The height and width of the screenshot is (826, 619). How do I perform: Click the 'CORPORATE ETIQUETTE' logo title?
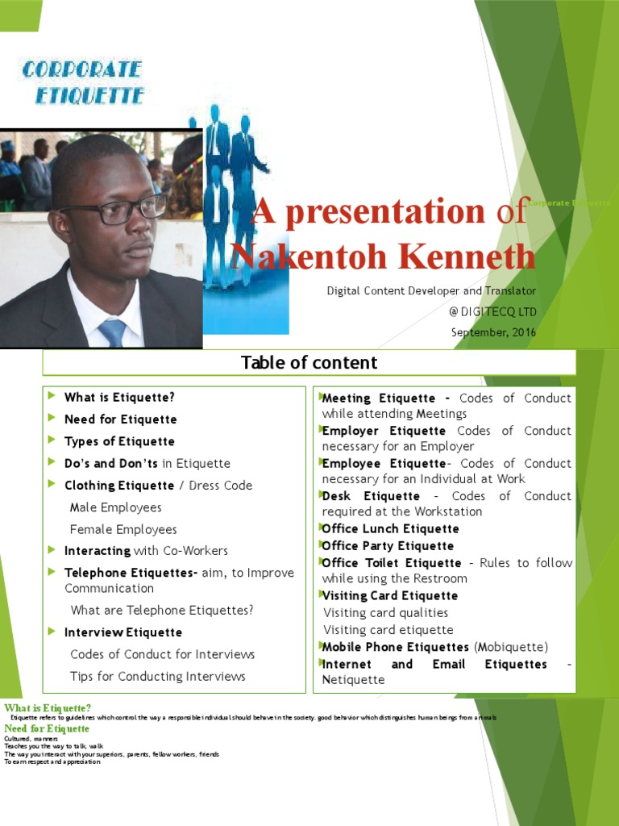point(83,82)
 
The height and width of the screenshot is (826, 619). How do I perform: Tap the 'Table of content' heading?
point(309,363)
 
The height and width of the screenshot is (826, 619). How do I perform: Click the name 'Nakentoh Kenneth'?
point(382,257)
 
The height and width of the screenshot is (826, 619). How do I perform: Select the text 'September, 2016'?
point(493,332)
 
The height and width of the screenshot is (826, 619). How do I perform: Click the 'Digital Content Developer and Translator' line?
point(431,290)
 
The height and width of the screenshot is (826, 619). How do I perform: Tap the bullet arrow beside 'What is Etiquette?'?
point(52,396)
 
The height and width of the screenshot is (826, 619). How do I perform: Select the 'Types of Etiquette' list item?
point(119,441)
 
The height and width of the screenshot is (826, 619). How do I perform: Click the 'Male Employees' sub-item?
point(115,507)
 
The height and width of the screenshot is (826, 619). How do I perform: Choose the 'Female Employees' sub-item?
point(123,529)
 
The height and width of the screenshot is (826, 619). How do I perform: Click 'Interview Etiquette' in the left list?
point(123,632)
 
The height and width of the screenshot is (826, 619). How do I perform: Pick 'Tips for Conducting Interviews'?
point(157,676)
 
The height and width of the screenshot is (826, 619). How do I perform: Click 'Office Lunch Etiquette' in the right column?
point(390,529)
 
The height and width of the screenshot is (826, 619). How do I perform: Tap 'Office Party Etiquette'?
point(388,546)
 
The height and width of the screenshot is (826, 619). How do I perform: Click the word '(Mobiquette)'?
point(510,647)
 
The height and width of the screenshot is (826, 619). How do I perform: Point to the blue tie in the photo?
point(112,331)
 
